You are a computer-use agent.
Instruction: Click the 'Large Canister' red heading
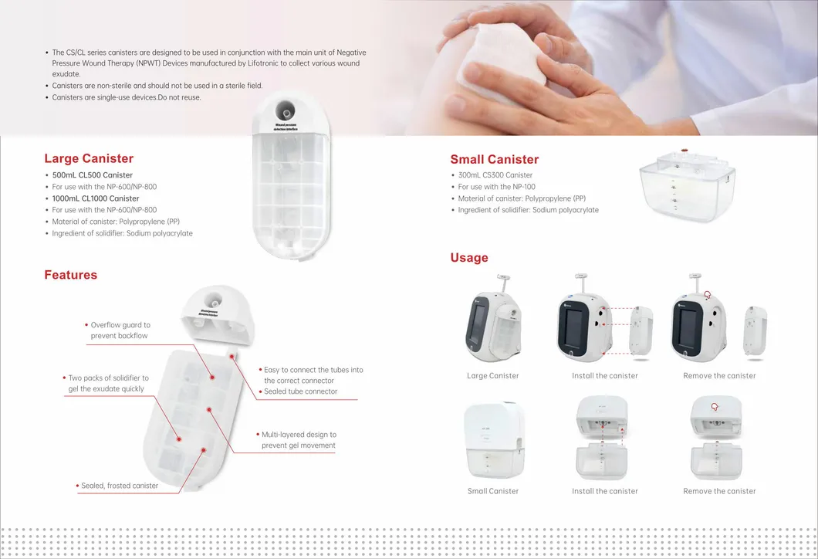pos(89,158)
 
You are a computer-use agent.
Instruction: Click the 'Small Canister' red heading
pos(494,159)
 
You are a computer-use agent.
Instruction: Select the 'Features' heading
pos(70,275)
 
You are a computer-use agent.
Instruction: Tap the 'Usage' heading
pos(469,258)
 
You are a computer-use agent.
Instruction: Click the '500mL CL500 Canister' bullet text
pos(92,175)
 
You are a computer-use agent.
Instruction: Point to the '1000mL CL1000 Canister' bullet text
pos(95,198)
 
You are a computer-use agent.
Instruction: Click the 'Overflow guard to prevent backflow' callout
pos(120,330)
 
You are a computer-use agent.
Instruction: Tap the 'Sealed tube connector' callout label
pos(300,391)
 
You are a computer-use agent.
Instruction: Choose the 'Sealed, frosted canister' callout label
pos(120,486)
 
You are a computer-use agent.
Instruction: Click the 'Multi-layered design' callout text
pos(299,440)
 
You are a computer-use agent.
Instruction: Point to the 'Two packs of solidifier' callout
pos(108,383)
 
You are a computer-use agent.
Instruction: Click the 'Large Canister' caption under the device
pos(493,376)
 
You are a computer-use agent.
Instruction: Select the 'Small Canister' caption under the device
pos(493,491)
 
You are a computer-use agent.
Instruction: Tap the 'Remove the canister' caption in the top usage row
pos(719,376)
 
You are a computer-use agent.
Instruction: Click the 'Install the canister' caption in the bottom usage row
pos(605,491)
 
